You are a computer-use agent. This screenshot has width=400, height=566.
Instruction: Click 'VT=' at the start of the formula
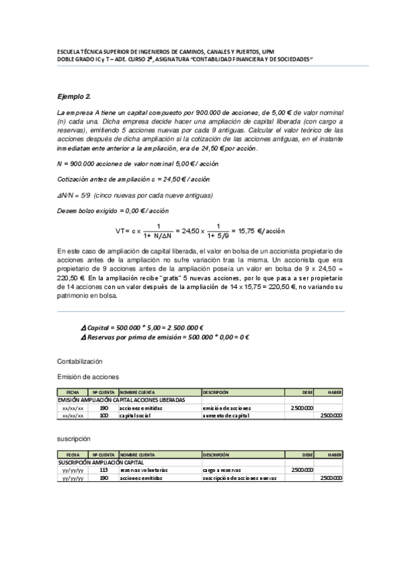click(x=124, y=231)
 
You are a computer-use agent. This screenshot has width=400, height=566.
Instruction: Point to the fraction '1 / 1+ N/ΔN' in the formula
click(x=158, y=231)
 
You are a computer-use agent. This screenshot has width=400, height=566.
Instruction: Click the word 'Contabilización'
click(x=80, y=360)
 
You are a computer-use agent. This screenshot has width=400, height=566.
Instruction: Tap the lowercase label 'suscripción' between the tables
click(x=73, y=441)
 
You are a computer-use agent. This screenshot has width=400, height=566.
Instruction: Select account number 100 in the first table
click(x=104, y=415)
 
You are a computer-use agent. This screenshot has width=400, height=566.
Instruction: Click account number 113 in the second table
click(x=104, y=470)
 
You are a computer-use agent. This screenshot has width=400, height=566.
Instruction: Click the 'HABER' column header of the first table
click(x=335, y=392)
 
